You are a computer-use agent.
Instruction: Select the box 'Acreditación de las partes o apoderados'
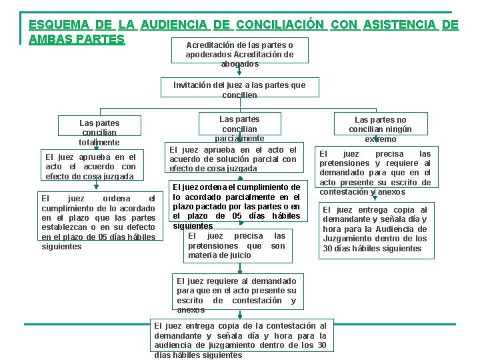(239, 54)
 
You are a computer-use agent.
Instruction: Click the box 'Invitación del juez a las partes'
(239, 90)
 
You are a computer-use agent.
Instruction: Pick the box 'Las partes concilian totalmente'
(99, 132)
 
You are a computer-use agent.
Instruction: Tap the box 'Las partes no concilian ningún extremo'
(380, 129)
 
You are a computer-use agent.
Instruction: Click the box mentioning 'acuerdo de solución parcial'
(233, 159)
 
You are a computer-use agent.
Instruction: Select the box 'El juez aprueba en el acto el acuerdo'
(90, 167)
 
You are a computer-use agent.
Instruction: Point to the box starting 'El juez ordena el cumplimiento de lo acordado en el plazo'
(99, 222)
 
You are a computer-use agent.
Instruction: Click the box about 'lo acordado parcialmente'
(237, 206)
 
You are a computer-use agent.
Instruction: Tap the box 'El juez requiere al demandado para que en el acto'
(237, 295)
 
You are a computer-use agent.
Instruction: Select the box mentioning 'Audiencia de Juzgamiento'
(375, 229)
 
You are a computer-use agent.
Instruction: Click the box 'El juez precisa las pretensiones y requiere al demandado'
(375, 173)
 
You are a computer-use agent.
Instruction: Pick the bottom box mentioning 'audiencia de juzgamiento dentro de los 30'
(239, 340)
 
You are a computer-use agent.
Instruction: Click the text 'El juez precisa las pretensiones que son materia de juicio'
(237, 245)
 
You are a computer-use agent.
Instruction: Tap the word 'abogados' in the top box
(239, 64)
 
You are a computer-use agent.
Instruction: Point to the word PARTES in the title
(99, 39)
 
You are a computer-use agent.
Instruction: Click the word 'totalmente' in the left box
(99, 142)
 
